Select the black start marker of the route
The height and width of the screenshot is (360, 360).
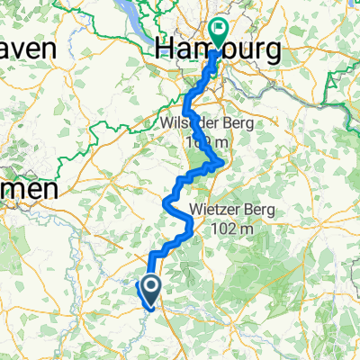149,290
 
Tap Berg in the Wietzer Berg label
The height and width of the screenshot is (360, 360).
262,212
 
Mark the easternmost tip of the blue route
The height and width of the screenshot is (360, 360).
221,162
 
